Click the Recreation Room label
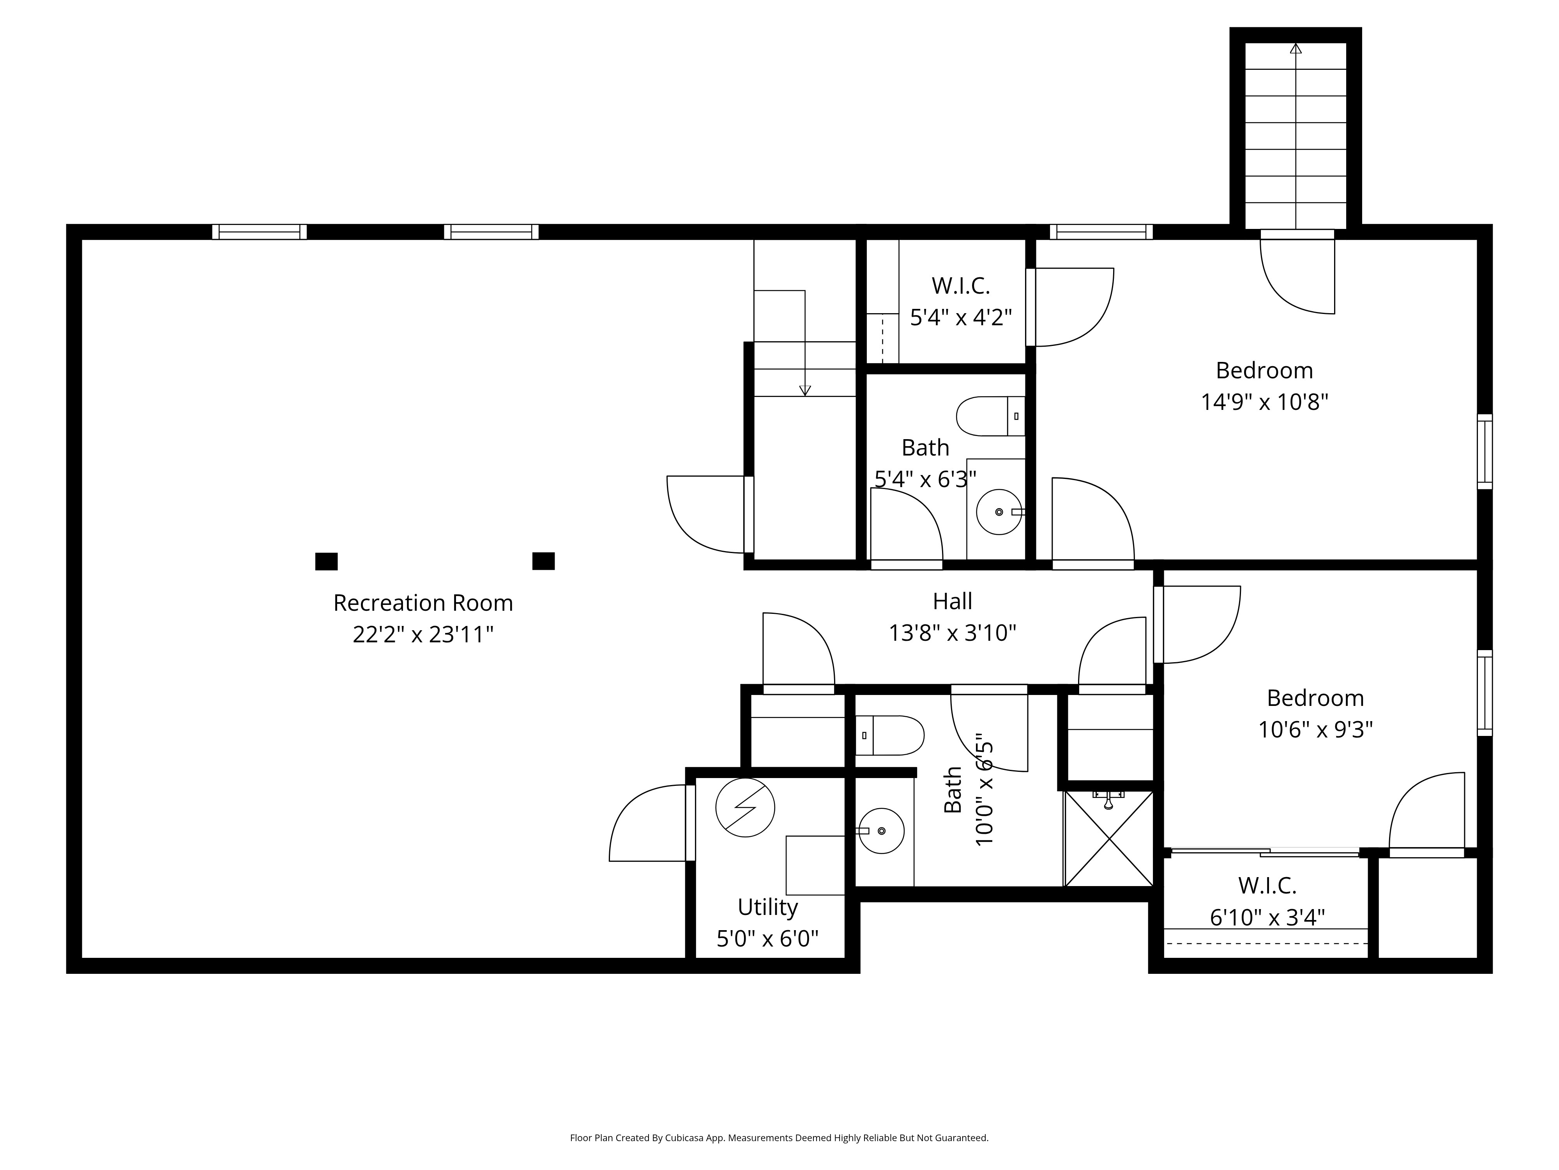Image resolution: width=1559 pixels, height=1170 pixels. click(x=423, y=603)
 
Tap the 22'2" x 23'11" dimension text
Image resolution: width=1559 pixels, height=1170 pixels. click(x=423, y=635)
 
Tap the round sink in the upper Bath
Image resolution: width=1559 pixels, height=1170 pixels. click(x=999, y=512)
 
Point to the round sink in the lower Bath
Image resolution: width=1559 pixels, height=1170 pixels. click(x=881, y=831)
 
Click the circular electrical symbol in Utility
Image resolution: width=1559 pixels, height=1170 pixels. click(x=745, y=808)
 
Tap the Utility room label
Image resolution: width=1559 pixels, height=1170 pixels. click(x=767, y=907)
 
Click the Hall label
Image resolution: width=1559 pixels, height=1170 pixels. click(x=952, y=601)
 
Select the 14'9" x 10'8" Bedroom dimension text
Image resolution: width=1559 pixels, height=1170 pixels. click(x=1264, y=402)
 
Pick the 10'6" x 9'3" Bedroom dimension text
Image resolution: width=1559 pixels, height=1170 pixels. click(x=1315, y=729)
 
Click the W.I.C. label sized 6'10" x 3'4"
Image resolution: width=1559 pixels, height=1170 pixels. click(x=1267, y=886)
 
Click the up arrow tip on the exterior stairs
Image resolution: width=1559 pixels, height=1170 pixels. click(x=1296, y=48)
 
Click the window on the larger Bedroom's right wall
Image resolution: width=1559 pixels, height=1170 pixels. click(x=1484, y=451)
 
